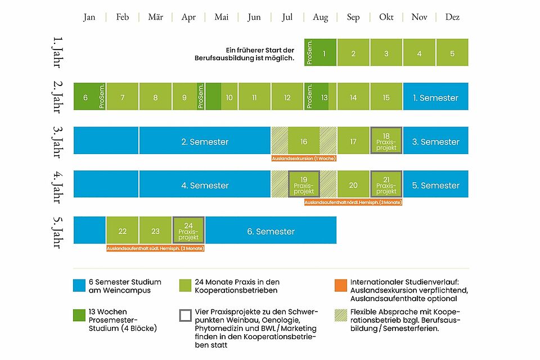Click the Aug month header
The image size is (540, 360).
point(320,17)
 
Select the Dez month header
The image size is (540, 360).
point(452,17)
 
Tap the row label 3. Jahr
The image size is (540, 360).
point(57,141)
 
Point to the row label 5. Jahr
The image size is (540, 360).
point(57,232)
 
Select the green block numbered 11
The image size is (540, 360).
point(254,97)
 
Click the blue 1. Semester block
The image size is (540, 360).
point(435,97)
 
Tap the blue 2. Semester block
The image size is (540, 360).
point(205,141)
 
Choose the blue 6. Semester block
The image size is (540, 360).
point(271,231)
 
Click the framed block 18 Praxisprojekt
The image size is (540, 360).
point(386,141)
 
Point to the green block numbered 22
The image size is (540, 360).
point(123,231)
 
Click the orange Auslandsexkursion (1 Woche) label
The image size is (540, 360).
point(304,158)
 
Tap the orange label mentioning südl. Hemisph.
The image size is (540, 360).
point(155,247)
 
